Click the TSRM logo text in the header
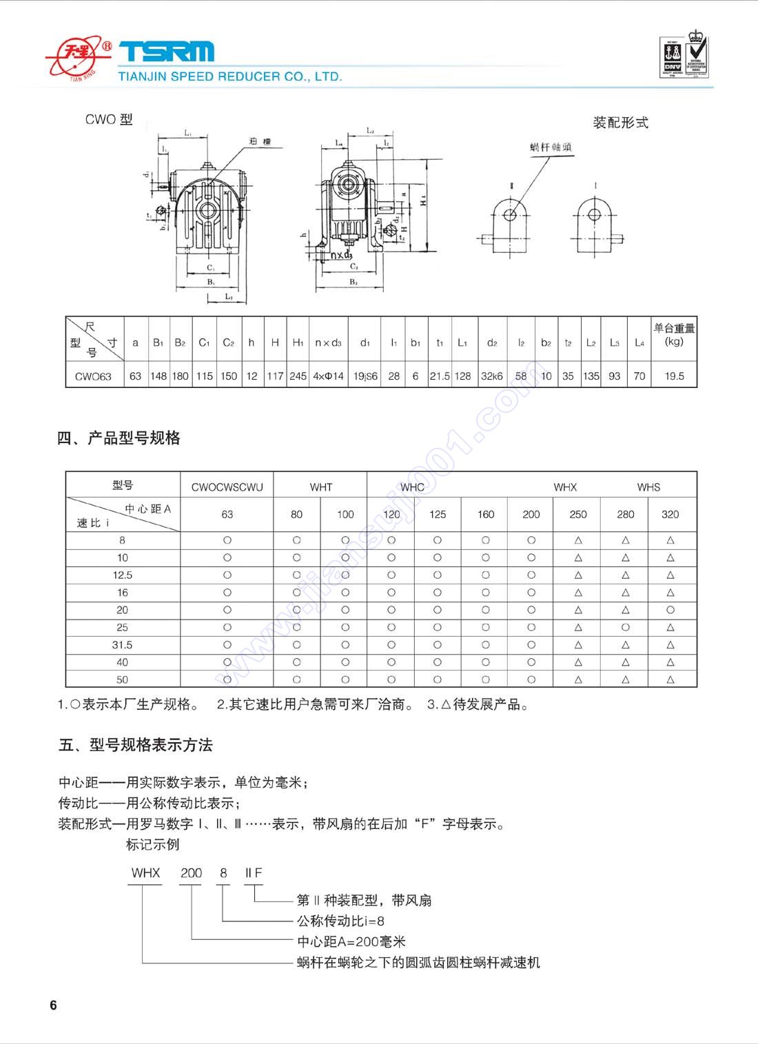pyautogui.click(x=167, y=52)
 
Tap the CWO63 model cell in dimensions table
pyautogui.click(x=93, y=376)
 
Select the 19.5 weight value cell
pyautogui.click(x=674, y=376)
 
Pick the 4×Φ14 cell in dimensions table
pyautogui.click(x=328, y=376)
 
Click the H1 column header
pyautogui.click(x=298, y=342)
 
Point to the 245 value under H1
pyautogui.click(x=298, y=376)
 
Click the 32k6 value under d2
pyautogui.click(x=492, y=376)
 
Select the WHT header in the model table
pyautogui.click(x=320, y=487)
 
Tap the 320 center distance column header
pyautogui.click(x=670, y=514)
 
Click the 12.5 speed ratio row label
pyautogui.click(x=123, y=575)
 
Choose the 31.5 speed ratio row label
pyautogui.click(x=123, y=645)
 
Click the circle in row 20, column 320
pyautogui.click(x=670, y=610)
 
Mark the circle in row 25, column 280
pyautogui.click(x=626, y=627)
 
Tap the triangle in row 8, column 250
pyautogui.click(x=578, y=540)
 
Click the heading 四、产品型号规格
pyautogui.click(x=119, y=438)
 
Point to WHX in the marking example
pyautogui.click(x=145, y=872)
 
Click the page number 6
pyautogui.click(x=54, y=1005)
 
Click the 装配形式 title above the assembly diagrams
pyautogui.click(x=620, y=123)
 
